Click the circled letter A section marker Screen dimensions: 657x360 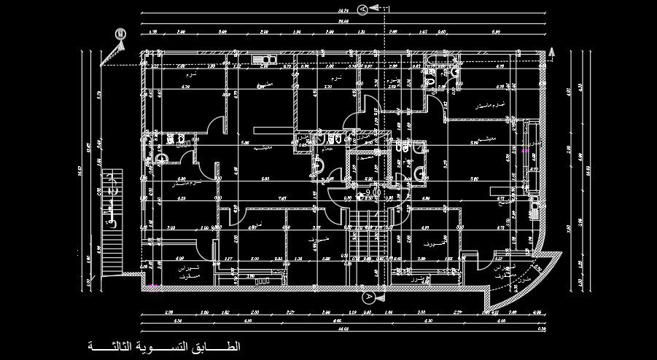369,297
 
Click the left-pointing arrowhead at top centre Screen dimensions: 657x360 373,9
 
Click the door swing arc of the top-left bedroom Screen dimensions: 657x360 217,128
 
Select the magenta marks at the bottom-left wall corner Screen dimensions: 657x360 154,288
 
